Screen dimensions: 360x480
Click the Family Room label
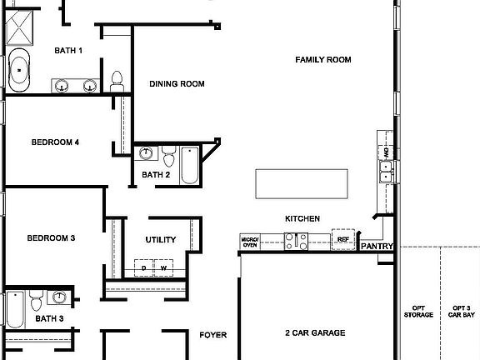click(323, 60)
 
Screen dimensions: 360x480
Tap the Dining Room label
click(177, 83)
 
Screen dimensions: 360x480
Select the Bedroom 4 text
click(55, 142)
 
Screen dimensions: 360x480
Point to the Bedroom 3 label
click(51, 238)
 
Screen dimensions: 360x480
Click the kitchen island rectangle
click(301, 182)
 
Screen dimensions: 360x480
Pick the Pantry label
click(377, 246)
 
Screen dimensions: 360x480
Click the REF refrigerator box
click(342, 239)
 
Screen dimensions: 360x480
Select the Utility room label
click(161, 240)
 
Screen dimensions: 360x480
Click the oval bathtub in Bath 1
click(19, 72)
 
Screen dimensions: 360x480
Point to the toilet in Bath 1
click(117, 81)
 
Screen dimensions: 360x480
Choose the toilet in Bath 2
click(168, 156)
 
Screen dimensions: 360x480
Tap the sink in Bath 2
click(147, 153)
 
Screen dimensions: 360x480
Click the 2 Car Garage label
click(315, 333)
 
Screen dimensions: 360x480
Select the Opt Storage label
click(418, 312)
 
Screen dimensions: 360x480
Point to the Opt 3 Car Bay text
click(461, 312)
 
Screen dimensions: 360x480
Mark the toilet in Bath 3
click(36, 298)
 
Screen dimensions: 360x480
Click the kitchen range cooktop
click(296, 242)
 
